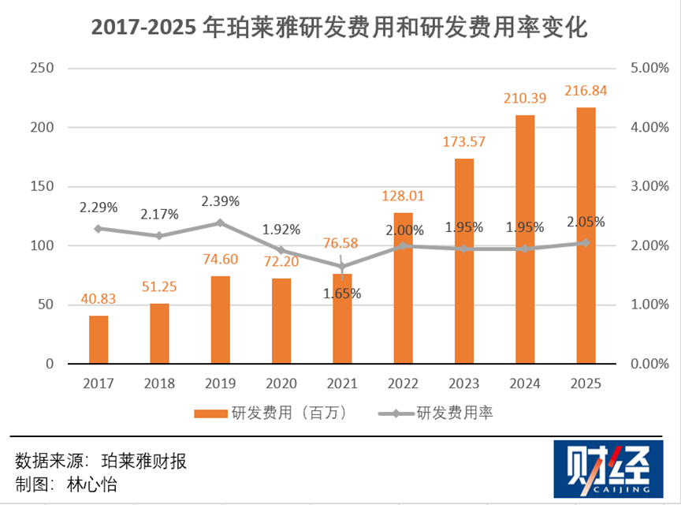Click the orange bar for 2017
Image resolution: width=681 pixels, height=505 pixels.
pos(99,339)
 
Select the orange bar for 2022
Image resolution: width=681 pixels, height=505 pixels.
pos(403,288)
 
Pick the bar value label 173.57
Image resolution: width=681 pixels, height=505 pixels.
pos(463,143)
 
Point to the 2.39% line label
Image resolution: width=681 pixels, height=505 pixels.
pos(221,200)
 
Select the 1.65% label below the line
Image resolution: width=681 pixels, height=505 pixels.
pos(341,294)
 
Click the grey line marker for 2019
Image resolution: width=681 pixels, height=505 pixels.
pos(221,223)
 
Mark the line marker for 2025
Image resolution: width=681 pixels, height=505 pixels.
pos(586,242)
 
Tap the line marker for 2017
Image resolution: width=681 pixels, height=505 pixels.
pos(99,229)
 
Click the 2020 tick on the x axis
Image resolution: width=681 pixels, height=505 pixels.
pos(281,383)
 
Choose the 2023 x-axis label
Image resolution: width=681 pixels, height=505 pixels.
pos(463,383)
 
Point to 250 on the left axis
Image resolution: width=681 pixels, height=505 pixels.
pos(39,69)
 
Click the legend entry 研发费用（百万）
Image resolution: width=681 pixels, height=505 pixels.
pos(271,413)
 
